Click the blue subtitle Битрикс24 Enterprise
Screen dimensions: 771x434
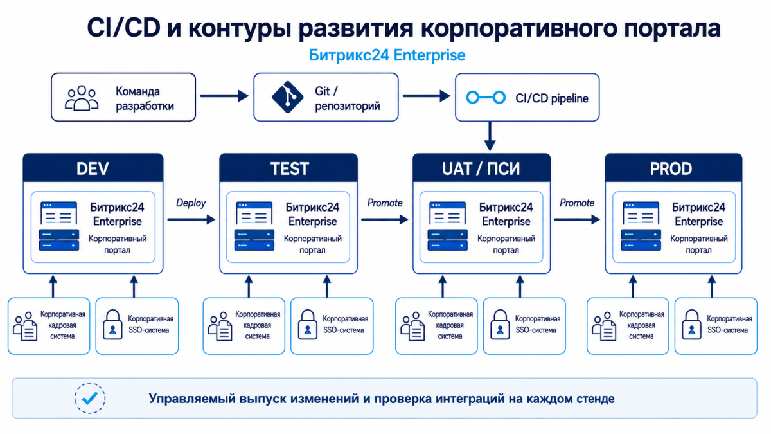387,55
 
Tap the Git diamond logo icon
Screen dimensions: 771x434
287,97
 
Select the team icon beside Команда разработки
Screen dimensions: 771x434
82,98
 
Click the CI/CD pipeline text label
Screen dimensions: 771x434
552,98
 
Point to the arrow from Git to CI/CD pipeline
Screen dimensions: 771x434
427,96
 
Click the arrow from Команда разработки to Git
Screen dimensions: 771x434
224,96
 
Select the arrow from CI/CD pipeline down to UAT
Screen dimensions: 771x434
490,136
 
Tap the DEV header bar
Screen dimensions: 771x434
93,168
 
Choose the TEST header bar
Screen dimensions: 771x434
288,168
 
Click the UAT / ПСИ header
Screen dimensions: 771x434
481,168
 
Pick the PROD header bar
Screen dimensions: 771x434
673,168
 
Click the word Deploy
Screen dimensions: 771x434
191,203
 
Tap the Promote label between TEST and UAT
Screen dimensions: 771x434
385,203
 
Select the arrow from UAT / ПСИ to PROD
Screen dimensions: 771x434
577,219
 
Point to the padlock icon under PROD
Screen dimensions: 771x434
691,325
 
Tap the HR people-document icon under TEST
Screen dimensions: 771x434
220,327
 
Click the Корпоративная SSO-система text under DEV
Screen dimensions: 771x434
150,325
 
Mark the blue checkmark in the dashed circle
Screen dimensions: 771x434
90,399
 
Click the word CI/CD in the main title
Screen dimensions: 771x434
123,28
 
